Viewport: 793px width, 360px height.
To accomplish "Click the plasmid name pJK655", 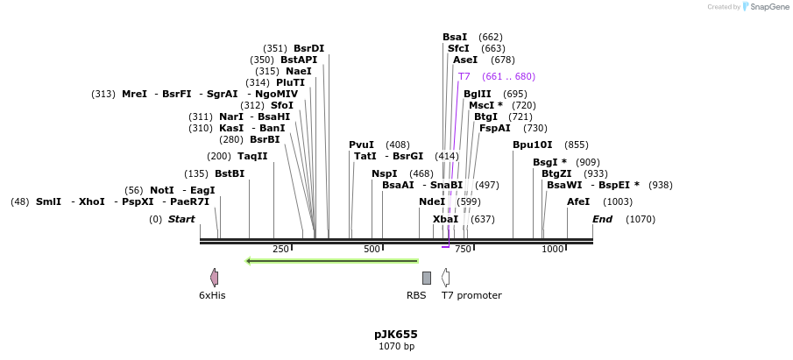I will tap(396, 334).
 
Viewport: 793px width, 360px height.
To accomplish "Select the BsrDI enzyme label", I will tap(308, 49).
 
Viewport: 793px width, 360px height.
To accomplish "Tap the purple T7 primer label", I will tap(464, 77).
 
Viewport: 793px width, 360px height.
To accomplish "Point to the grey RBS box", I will tap(427, 278).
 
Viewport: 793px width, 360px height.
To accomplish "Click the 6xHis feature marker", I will tap(214, 278).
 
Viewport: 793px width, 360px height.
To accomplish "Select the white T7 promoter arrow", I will tap(446, 278).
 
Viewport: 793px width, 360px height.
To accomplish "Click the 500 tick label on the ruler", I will tap(372, 250).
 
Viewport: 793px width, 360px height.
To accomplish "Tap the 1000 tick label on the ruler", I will tap(552, 250).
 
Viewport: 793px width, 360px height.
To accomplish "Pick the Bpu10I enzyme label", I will tap(533, 145).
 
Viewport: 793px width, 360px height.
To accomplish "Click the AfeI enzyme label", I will tap(578, 201).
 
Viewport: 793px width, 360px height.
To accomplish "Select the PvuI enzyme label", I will tap(361, 145).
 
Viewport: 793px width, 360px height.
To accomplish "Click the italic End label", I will tap(602, 219).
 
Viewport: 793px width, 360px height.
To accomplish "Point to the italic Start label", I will tap(181, 219).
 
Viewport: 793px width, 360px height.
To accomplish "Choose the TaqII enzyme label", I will tap(252, 156).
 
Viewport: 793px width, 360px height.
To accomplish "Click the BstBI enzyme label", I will tap(230, 173).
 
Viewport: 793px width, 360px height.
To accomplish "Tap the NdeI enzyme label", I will tap(432, 201).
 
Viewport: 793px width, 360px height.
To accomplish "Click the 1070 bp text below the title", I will tap(396, 347).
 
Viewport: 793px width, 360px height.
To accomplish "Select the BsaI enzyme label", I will tap(455, 37).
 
